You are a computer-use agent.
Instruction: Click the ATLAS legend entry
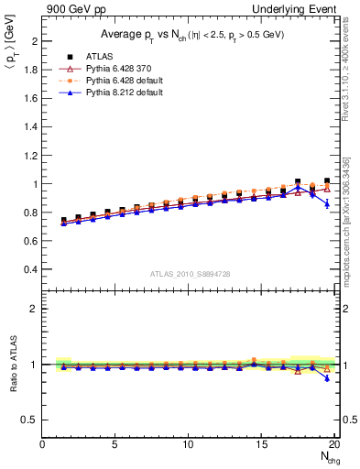point(82,57)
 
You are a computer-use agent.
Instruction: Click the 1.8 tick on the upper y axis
point(32,71)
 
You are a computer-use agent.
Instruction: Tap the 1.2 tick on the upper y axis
point(32,156)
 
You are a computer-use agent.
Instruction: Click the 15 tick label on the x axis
point(262,444)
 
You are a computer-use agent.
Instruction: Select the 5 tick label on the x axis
point(115,444)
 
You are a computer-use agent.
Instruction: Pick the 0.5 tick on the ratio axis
point(32,420)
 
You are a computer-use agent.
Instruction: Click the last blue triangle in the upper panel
point(327,203)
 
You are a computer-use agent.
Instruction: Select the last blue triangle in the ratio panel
point(327,378)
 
